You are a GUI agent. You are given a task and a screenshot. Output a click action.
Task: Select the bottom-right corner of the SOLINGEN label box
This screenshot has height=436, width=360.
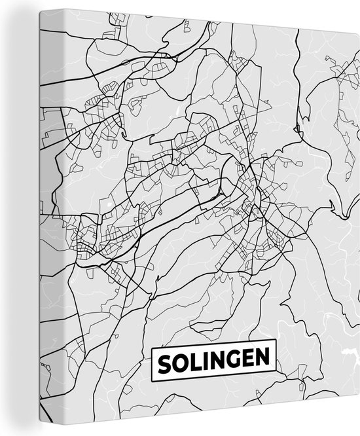click(277, 374)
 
